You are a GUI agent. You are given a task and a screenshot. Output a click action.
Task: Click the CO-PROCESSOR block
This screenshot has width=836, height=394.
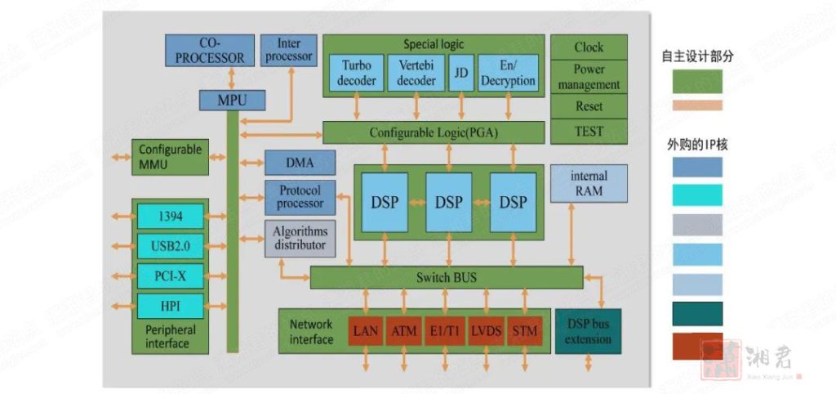[x=210, y=51]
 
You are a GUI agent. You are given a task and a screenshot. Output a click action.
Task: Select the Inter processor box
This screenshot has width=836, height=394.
[x=288, y=51]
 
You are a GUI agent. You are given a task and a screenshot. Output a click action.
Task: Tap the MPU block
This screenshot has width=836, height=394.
[x=233, y=101]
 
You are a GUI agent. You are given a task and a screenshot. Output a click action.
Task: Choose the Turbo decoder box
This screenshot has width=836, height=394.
[x=357, y=73]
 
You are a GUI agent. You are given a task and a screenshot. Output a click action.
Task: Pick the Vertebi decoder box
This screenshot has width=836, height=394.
[x=416, y=73]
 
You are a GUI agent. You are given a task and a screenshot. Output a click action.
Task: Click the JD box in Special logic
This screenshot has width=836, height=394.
[x=461, y=73]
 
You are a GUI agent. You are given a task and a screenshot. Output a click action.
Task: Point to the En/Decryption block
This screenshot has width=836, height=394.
[x=508, y=73]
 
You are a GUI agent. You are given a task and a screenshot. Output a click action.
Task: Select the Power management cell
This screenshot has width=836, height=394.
[x=589, y=77]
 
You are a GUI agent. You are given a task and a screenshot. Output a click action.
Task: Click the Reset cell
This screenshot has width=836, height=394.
[x=589, y=106]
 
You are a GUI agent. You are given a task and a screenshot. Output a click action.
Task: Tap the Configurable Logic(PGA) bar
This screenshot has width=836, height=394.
[x=433, y=132]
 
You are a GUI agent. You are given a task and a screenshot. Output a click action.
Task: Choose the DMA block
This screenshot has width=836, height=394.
[x=300, y=162]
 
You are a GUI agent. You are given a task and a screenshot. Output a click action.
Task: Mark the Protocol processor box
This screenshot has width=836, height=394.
[x=300, y=197]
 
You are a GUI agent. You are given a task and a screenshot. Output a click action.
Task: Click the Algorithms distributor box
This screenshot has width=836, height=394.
[x=300, y=238]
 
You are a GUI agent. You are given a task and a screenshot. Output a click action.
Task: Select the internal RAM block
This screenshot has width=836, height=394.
[x=589, y=183]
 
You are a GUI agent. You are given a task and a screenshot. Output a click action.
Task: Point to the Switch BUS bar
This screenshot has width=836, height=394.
[x=446, y=277]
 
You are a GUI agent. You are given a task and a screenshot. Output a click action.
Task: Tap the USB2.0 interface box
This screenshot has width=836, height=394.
[x=171, y=245]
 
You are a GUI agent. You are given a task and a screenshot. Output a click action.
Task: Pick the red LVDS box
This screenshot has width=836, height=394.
[x=484, y=331]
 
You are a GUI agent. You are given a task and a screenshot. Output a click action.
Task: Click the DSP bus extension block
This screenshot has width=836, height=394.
[x=588, y=331]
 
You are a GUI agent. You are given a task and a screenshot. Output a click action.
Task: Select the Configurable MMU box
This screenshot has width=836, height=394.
[x=170, y=156]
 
